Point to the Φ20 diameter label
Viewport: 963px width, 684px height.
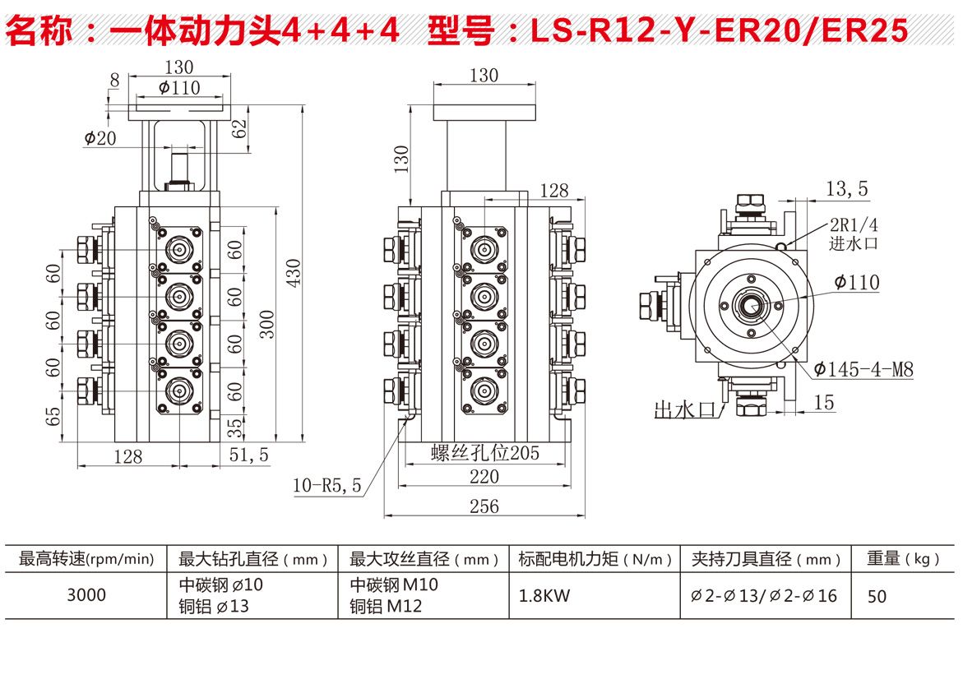click(x=100, y=138)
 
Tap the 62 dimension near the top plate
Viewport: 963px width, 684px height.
click(x=239, y=128)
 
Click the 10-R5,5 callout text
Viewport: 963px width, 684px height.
click(x=327, y=486)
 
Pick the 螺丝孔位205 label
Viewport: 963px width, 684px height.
click(x=484, y=454)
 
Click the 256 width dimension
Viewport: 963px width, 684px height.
click(x=484, y=506)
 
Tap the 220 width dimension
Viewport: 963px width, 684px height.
click(x=484, y=477)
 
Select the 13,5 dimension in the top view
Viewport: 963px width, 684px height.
click(x=846, y=190)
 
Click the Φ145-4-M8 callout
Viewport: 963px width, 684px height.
click(x=863, y=369)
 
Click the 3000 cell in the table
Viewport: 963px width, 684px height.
click(x=86, y=594)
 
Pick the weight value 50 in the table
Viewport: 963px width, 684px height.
click(x=877, y=596)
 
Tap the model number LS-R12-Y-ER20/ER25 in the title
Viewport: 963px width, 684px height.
click(x=719, y=31)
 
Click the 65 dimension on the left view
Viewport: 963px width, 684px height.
click(x=54, y=415)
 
